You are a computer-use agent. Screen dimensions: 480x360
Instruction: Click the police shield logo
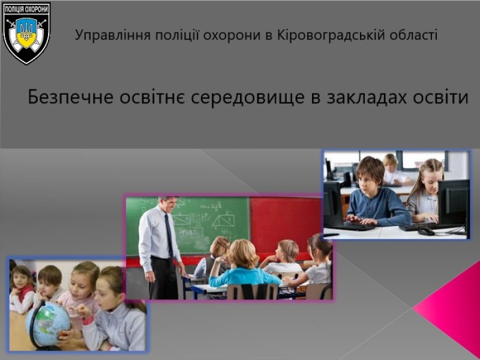pyautogui.click(x=26, y=33)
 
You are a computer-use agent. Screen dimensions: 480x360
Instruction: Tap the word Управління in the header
pyautogui.click(x=113, y=35)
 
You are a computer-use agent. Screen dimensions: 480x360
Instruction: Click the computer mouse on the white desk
pyautogui.click(x=426, y=231)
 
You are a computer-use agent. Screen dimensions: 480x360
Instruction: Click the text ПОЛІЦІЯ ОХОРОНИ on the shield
pyautogui.click(x=26, y=9)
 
